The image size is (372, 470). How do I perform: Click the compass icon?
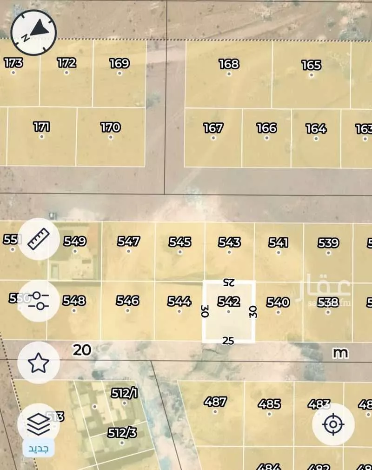tap(33, 32)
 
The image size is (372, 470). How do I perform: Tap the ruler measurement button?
tap(39, 239)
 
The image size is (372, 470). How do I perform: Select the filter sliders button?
tap(39, 302)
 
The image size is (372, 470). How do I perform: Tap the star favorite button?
tap(39, 363)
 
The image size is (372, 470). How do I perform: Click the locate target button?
tap(333, 424)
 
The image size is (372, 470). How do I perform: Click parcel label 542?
tap(228, 302)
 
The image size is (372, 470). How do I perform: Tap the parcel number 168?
tap(229, 64)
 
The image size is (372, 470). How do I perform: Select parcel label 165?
tap(311, 65)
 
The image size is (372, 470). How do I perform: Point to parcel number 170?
tap(110, 127)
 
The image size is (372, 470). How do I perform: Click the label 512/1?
tap(124, 394)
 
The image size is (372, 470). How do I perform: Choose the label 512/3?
tap(122, 433)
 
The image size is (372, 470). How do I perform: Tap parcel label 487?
tap(215, 402)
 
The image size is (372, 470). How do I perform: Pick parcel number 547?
tap(128, 242)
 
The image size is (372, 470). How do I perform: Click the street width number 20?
tap(82, 350)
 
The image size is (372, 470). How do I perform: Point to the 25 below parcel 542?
tap(228, 341)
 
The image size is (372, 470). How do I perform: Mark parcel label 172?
tap(66, 62)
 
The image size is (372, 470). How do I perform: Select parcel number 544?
tap(179, 302)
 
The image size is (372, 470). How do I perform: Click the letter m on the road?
tap(340, 353)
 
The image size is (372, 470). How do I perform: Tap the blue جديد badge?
tap(39, 449)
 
